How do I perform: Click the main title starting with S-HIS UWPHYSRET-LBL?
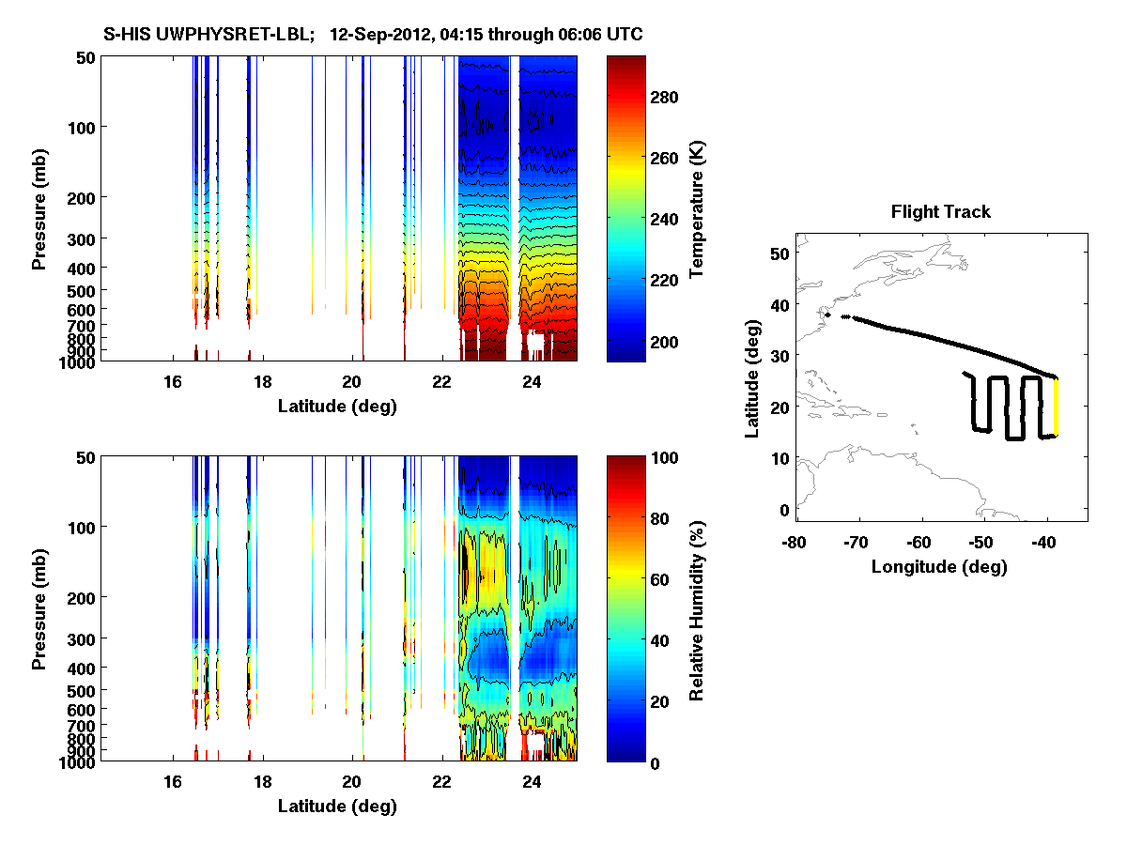(373, 35)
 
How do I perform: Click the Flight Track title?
(940, 212)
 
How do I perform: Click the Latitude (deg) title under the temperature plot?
(337, 407)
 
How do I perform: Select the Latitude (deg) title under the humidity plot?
(337, 807)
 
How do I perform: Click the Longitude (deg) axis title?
(939, 566)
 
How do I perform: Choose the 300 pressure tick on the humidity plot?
(79, 638)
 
